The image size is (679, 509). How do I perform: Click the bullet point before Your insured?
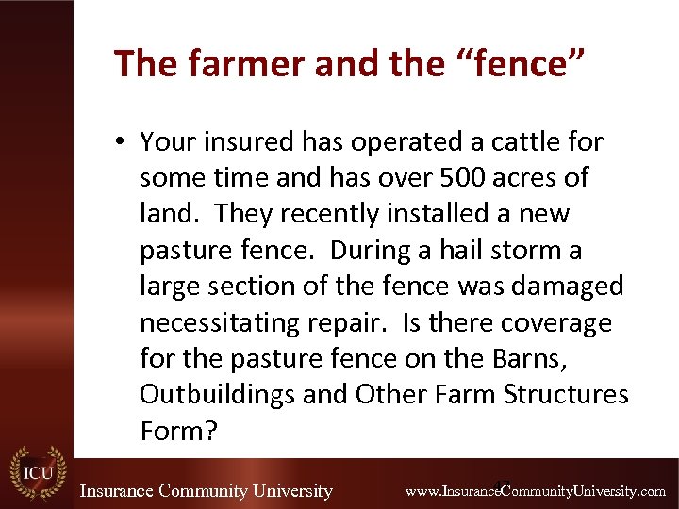120,143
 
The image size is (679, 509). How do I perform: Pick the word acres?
528,178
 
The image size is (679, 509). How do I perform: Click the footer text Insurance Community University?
206,490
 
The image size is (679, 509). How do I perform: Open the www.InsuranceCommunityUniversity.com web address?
535,491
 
